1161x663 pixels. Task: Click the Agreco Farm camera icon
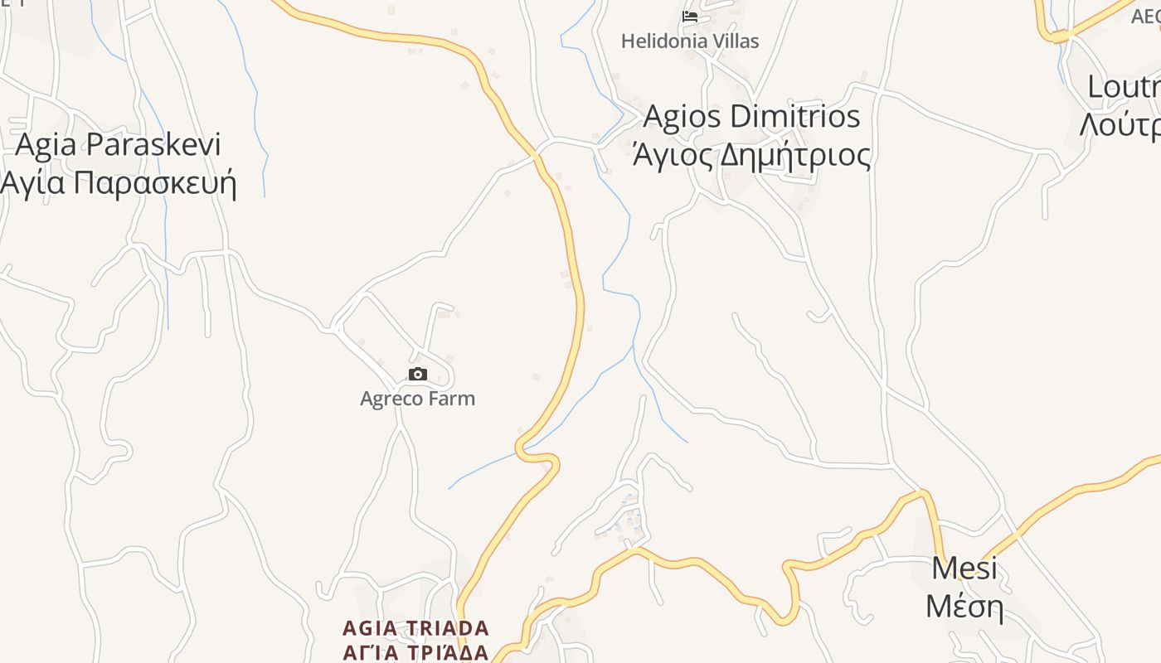point(418,375)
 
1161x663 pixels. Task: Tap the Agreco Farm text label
point(417,399)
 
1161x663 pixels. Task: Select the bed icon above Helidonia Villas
point(689,16)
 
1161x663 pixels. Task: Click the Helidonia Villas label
point(690,41)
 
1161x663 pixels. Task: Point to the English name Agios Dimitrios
point(751,117)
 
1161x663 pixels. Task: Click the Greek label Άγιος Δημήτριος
point(751,155)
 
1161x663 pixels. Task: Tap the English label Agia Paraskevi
point(119,145)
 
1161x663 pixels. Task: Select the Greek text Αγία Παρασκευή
point(119,183)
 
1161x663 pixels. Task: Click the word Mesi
point(964,569)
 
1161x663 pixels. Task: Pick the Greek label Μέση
point(964,607)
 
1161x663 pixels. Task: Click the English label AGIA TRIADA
point(415,627)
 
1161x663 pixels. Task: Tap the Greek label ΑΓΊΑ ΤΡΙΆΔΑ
point(415,651)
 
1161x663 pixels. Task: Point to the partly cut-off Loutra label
point(1124,86)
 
